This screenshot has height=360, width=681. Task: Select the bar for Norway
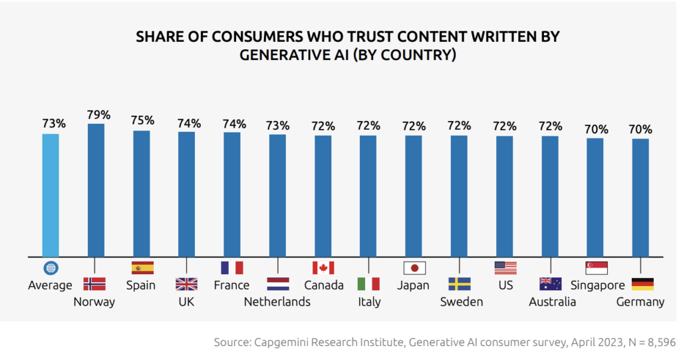point(96,190)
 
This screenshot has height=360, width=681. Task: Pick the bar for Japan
point(414,196)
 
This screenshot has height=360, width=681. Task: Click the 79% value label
point(98,114)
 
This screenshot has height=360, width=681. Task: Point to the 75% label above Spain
point(142,120)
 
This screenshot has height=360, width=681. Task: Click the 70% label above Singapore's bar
point(595,129)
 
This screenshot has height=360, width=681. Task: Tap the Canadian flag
point(323,268)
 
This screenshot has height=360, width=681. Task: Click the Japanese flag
point(414,268)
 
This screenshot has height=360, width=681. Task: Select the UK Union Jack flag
point(186,284)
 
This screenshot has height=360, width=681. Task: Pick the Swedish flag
point(460,284)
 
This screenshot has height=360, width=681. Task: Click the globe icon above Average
point(51,268)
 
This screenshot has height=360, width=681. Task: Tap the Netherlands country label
point(277,302)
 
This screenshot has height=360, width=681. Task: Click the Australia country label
point(552,302)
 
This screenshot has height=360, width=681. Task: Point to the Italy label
point(369,302)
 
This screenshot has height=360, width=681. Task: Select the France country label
point(231,285)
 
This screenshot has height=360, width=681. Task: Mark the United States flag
point(505,268)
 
